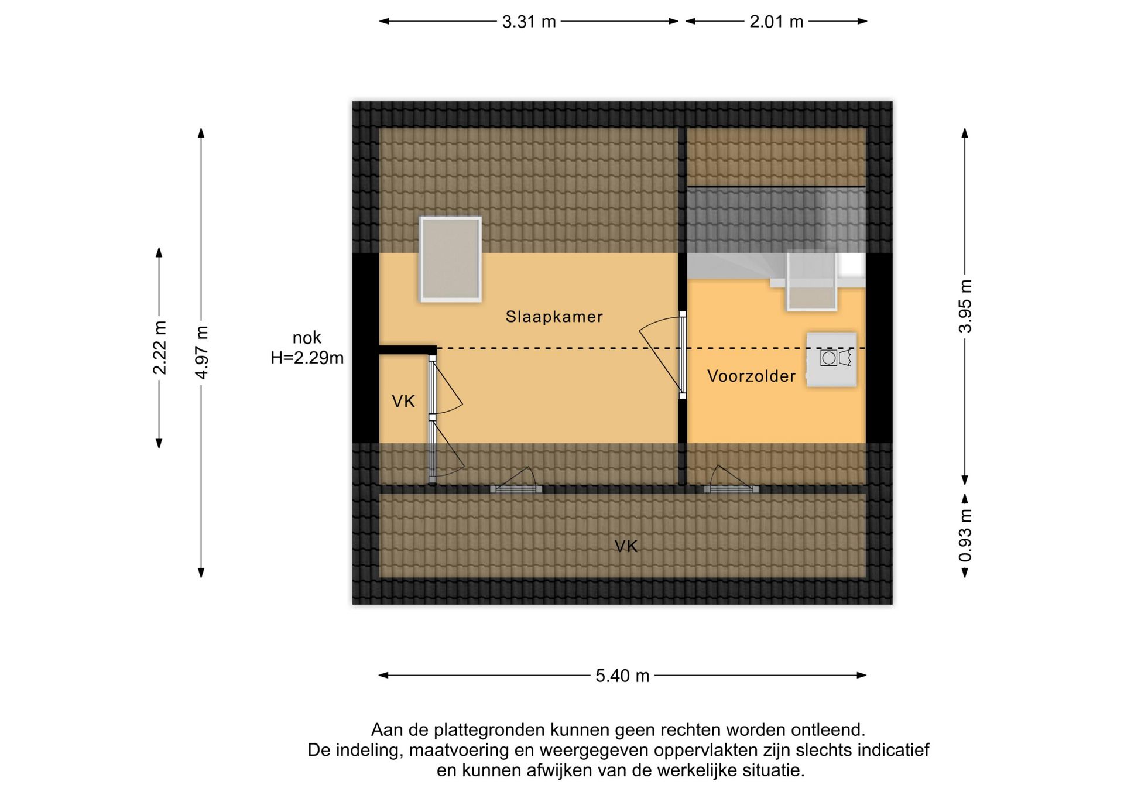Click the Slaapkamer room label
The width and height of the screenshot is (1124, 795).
click(554, 317)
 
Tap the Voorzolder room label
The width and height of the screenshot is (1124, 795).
click(751, 376)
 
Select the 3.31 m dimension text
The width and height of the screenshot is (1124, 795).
click(529, 22)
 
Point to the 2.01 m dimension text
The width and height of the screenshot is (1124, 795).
click(776, 22)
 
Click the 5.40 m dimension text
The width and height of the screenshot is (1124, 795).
click(622, 676)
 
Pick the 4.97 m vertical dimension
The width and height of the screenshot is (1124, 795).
click(201, 352)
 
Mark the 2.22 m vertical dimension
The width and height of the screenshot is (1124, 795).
click(159, 348)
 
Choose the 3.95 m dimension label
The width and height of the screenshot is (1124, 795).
click(965, 306)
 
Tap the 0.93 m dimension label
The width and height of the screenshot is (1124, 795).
click(965, 535)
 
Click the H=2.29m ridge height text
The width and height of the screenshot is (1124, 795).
click(307, 358)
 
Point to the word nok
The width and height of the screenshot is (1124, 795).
click(307, 338)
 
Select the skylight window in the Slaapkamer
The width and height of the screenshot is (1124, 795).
click(451, 259)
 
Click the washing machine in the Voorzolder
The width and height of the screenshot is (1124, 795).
click(831, 359)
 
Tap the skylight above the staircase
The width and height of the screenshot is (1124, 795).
click(812, 280)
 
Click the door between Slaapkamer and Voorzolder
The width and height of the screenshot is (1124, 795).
click(683, 355)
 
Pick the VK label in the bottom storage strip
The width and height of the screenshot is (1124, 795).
click(626, 547)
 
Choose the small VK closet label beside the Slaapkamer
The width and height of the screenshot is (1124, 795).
click(403, 402)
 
